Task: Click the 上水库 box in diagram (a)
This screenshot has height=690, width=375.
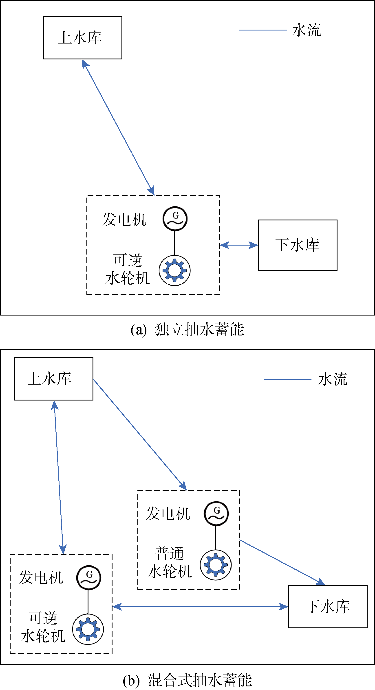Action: point(83,38)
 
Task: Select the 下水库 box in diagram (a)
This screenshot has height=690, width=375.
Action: point(298,245)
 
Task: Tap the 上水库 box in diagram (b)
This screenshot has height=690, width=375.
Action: point(54,379)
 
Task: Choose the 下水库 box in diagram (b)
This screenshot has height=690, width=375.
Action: point(328,607)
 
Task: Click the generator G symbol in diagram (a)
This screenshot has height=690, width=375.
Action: point(175,219)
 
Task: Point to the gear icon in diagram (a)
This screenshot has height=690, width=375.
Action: point(175,270)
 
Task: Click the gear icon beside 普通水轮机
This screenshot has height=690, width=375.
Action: point(216,565)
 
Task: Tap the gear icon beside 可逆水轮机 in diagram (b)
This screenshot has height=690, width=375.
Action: point(88,629)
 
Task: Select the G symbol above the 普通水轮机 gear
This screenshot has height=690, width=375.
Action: point(216,514)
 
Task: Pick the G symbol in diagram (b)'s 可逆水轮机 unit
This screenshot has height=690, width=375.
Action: point(89,577)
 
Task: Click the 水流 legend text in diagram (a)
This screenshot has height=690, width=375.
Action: point(306,30)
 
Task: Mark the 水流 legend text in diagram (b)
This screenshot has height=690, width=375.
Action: point(333,379)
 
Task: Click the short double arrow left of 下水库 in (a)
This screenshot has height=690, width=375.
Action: point(239,245)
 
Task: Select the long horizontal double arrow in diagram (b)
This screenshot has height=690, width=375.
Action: point(200,607)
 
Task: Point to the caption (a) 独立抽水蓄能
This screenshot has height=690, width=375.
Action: point(187,329)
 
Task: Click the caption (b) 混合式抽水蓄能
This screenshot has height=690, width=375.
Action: point(187,680)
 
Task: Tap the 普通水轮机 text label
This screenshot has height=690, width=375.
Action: point(170,562)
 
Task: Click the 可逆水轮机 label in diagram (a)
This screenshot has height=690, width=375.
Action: point(128,269)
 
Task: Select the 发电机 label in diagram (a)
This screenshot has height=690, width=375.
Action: point(124,220)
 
